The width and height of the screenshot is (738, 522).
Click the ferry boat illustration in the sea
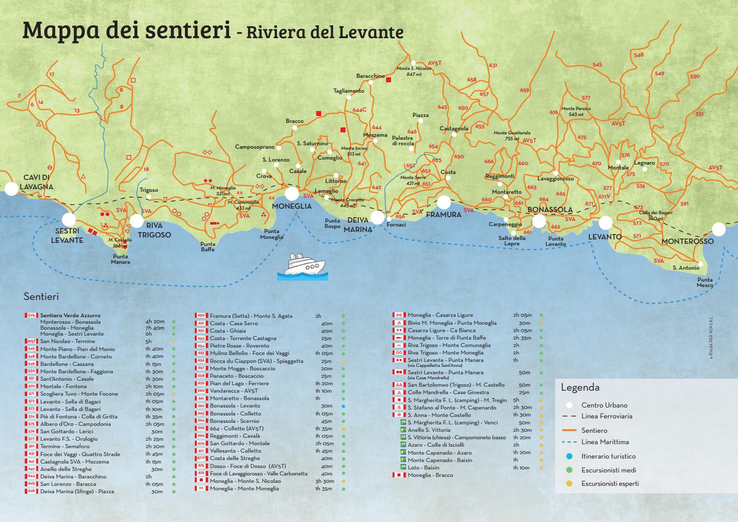(x=302, y=268)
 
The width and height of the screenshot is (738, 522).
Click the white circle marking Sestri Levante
(x=69, y=220)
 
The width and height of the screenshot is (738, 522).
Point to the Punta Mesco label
(x=705, y=282)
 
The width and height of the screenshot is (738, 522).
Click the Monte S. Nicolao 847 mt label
(x=414, y=71)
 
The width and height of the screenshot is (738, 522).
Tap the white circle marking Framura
(x=444, y=202)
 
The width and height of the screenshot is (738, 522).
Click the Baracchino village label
(x=370, y=76)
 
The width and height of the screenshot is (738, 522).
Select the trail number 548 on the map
(x=638, y=55)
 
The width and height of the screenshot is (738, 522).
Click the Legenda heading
(x=580, y=388)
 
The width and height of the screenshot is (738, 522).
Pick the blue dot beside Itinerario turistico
(x=569, y=456)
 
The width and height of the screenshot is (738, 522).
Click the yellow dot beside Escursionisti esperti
(x=569, y=483)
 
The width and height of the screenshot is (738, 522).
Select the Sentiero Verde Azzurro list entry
(x=70, y=315)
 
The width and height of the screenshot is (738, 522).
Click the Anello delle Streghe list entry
(x=66, y=469)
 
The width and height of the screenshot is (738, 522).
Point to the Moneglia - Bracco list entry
(x=430, y=475)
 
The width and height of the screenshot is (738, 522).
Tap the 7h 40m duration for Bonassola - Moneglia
(x=155, y=328)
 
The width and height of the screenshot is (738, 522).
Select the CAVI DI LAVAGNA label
(x=38, y=182)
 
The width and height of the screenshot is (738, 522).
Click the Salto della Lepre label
(x=512, y=241)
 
